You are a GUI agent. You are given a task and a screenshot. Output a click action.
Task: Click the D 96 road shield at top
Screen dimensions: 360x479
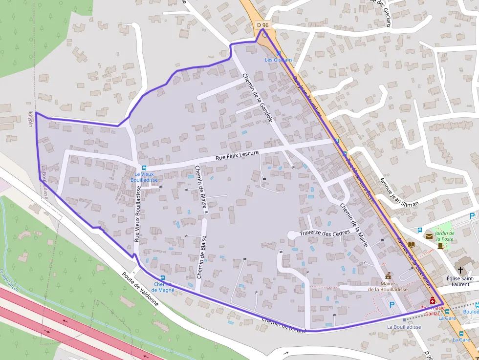(262, 24)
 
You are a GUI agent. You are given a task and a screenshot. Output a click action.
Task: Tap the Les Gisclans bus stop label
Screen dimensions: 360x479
(279, 60)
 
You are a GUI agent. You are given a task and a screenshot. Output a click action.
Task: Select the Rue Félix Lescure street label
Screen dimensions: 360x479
(237, 156)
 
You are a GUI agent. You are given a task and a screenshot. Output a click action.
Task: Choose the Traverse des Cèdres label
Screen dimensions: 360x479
(325, 233)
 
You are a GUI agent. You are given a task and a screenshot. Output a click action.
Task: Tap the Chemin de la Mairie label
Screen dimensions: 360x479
(353, 225)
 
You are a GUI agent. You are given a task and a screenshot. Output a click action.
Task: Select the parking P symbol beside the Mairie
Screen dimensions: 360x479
(392, 304)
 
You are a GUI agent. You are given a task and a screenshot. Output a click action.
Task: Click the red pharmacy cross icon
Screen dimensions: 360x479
(433, 300)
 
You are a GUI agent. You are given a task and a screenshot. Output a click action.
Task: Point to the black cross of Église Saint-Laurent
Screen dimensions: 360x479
(460, 270)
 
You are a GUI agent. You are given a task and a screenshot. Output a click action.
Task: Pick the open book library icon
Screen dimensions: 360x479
(412, 244)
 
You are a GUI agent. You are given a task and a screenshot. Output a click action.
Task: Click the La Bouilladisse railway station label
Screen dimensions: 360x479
(404, 327)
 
